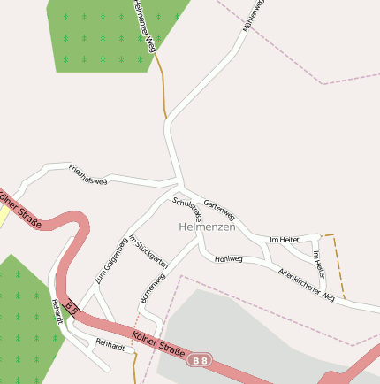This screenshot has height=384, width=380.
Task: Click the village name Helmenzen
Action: tap(207, 227)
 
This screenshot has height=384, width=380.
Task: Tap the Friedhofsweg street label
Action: tap(87, 174)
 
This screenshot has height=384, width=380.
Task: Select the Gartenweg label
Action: tap(219, 210)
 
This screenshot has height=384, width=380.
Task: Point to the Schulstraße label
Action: tap(188, 209)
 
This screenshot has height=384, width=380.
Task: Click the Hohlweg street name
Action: tap(228, 259)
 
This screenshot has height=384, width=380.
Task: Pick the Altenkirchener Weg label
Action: tap(306, 285)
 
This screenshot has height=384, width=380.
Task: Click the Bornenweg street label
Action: tap(152, 288)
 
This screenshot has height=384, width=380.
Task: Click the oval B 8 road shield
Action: tap(201, 359)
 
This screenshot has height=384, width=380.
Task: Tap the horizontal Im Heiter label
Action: tap(285, 240)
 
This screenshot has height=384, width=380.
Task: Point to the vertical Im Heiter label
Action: tap(319, 265)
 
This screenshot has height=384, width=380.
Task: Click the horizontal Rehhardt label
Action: tap(110, 343)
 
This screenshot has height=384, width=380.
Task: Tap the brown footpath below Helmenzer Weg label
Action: tap(162, 88)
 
